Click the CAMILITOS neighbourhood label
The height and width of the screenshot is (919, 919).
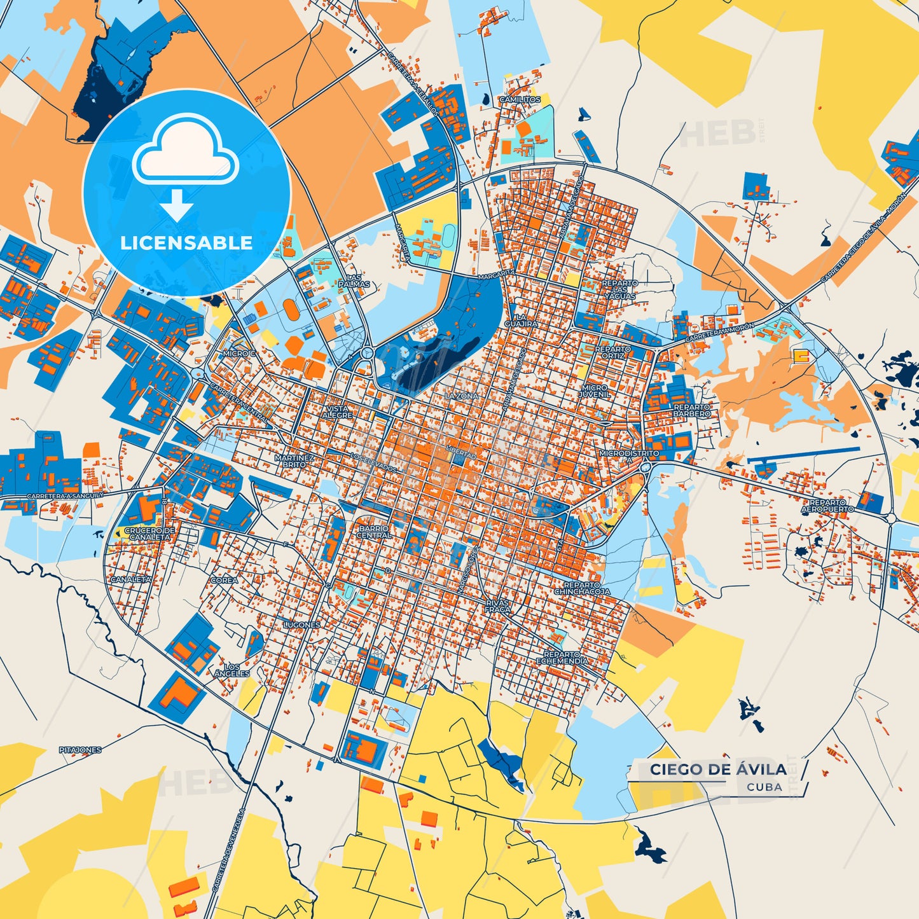point(520,100)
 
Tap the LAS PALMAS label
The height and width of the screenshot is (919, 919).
point(354,281)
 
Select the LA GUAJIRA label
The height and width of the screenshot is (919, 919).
point(521,320)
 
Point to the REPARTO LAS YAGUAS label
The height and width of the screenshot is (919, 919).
point(620,289)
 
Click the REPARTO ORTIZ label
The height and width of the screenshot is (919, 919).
point(613,352)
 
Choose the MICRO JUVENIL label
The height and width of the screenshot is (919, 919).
point(594,390)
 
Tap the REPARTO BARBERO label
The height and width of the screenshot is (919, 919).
point(692,410)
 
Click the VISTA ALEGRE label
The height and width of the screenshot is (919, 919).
point(337,411)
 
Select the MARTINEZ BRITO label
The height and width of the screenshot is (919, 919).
point(294,460)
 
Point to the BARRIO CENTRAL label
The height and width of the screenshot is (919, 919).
point(373,532)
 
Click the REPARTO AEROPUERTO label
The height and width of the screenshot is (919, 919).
point(827,506)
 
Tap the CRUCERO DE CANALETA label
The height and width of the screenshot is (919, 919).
point(149,534)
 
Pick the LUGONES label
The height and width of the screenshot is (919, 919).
point(301,625)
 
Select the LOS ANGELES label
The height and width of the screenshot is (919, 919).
point(232,670)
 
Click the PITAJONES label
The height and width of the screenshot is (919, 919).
point(80,750)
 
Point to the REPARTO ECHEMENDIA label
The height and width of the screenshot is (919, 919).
point(562,658)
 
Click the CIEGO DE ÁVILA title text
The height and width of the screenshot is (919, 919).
point(718,770)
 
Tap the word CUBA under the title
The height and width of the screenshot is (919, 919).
point(764,787)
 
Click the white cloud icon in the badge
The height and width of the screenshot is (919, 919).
point(186,152)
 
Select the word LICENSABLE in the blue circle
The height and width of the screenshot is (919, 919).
point(186,243)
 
